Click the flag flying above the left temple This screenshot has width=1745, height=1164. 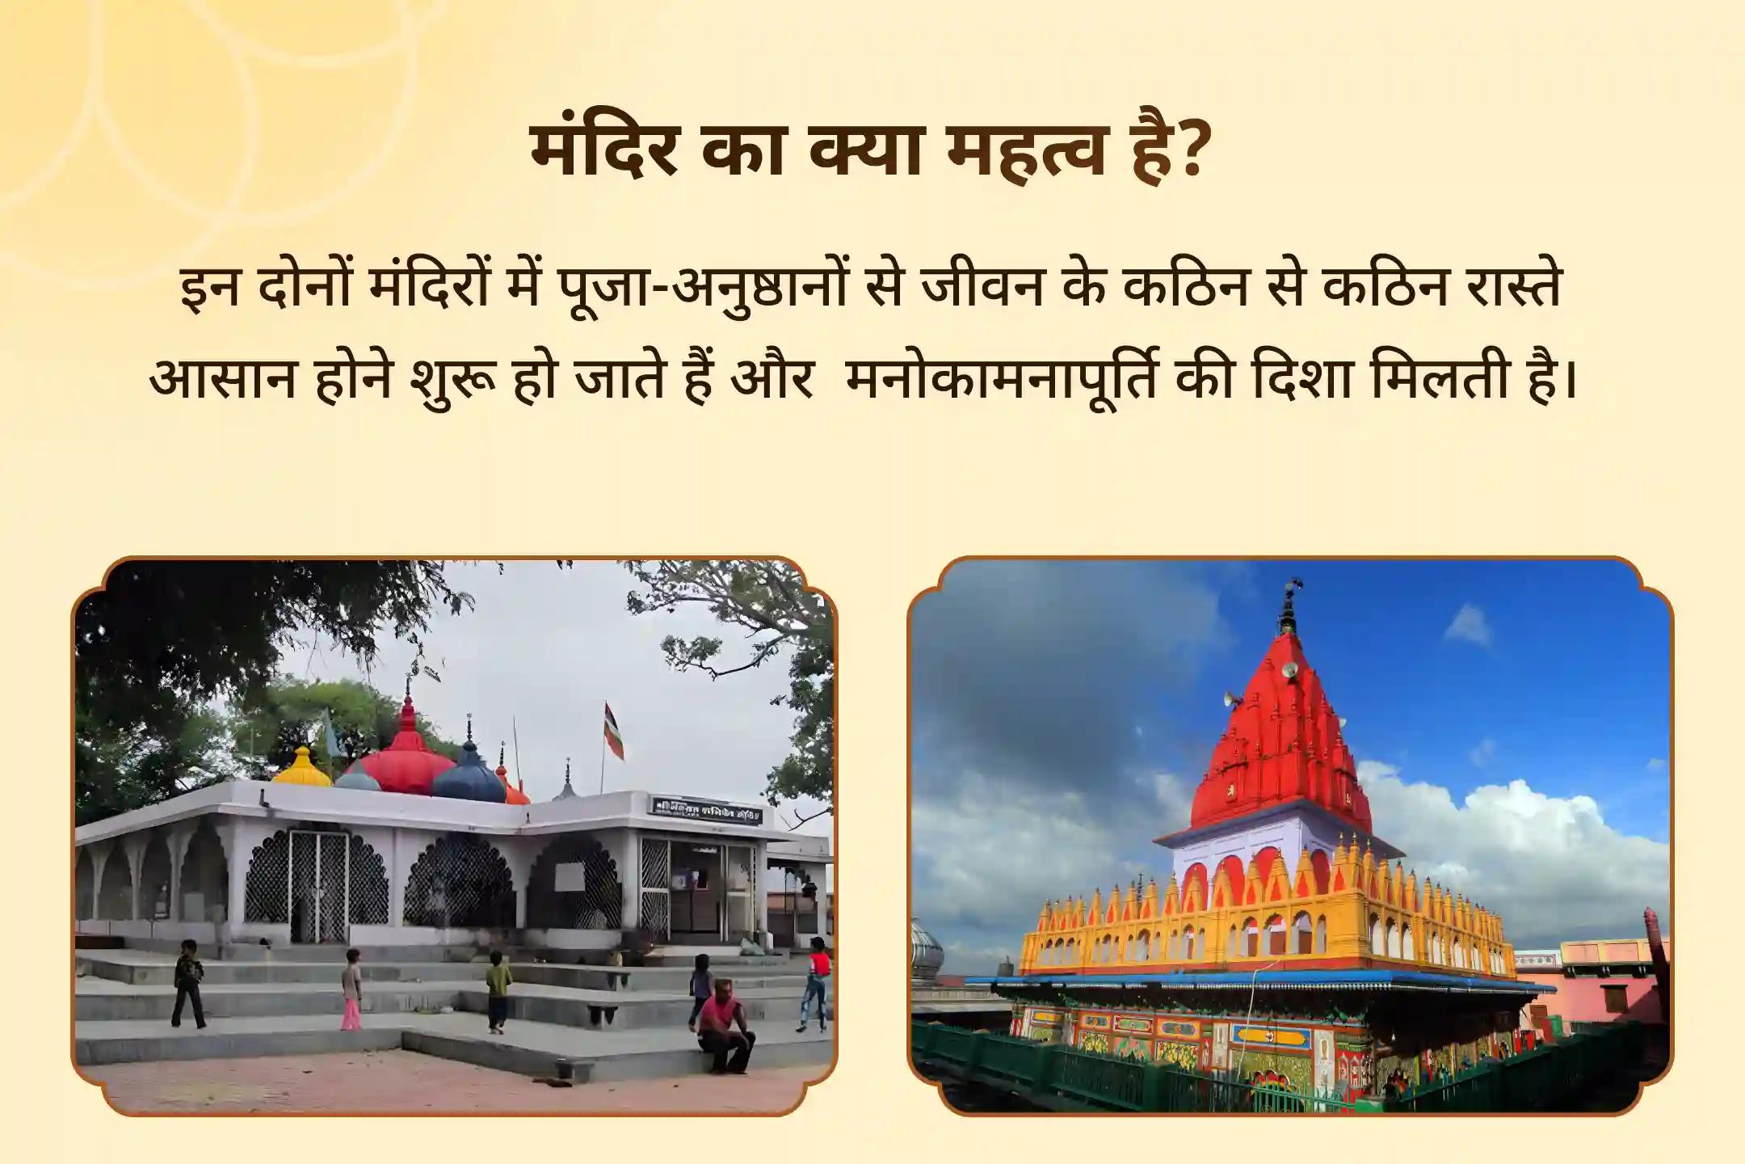click(614, 732)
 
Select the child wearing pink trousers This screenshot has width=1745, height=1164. click(351, 989)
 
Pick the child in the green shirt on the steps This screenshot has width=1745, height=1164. click(498, 991)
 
